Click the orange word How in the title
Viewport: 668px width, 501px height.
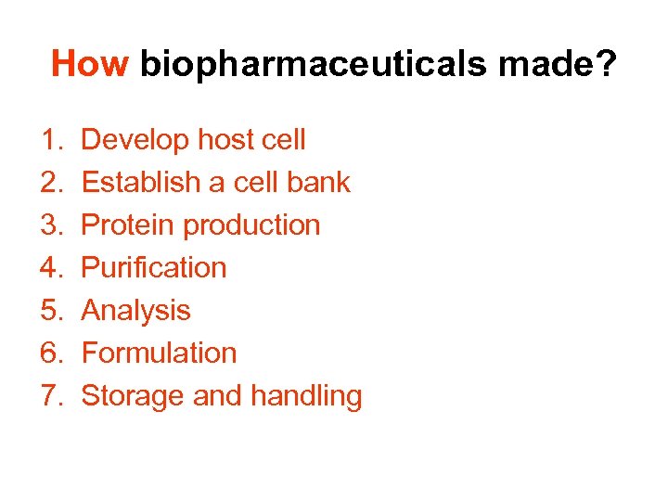coord(90,64)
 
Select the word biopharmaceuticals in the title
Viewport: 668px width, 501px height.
coord(315,64)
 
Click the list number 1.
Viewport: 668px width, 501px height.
coord(49,140)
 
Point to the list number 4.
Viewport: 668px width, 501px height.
coord(49,268)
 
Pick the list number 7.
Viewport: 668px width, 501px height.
coord(49,396)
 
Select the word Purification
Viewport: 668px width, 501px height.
coord(154,268)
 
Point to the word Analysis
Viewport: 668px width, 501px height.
coord(135,311)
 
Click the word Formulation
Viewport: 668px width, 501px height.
coord(159,353)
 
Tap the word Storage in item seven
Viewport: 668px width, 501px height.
coord(133,396)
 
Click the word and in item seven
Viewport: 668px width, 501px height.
coord(218,396)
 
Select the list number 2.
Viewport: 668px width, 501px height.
coord(49,183)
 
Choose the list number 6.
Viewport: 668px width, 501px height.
coord(49,353)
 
